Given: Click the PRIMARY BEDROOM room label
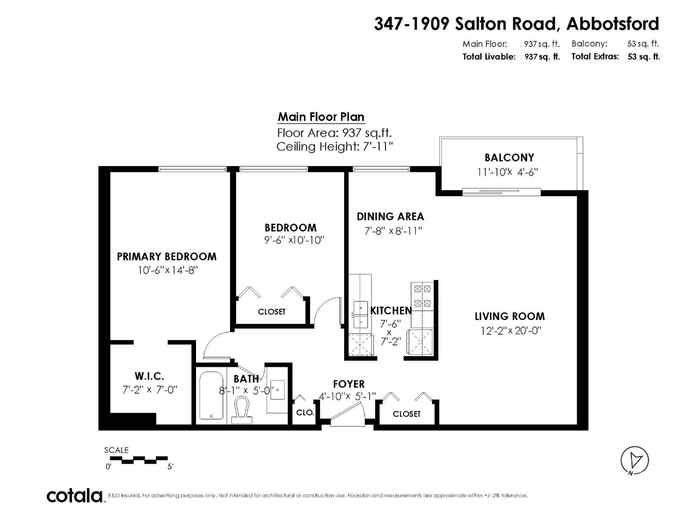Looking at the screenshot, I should tap(167, 257).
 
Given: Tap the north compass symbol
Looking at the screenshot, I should tap(634, 460).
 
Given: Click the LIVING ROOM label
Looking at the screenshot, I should tap(510, 316).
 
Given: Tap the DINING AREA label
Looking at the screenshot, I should tap(390, 216).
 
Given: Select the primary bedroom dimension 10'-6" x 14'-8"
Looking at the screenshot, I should tap(168, 270).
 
